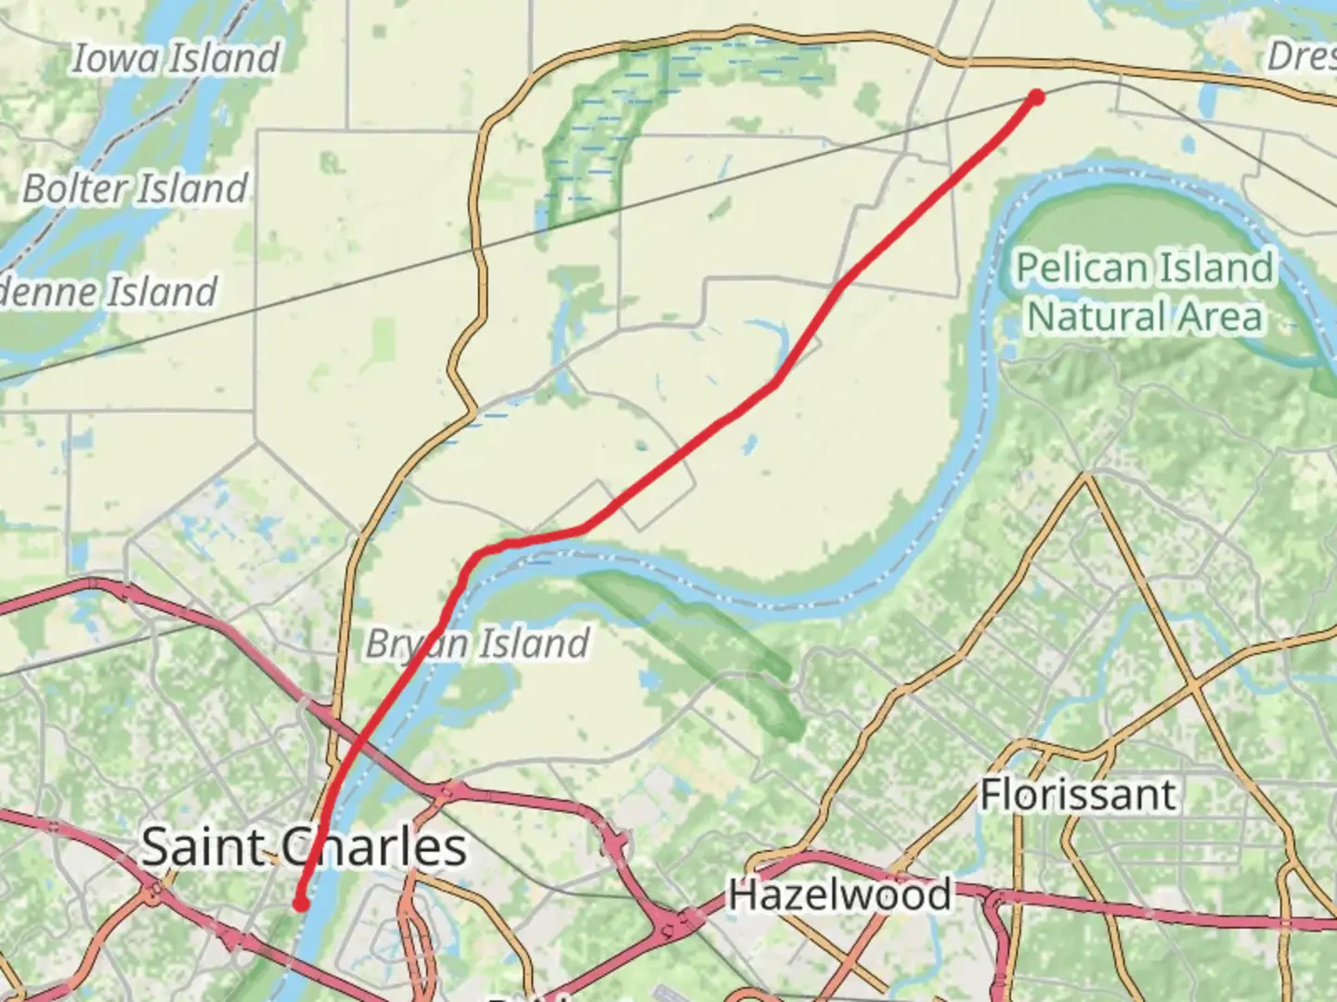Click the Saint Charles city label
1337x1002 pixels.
pos(304,847)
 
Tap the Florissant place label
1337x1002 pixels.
pos(1079,795)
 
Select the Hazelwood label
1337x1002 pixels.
pos(839,894)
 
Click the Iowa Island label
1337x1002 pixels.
pos(175,58)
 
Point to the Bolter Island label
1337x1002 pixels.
pos(136,188)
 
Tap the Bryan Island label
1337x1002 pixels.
pos(477,643)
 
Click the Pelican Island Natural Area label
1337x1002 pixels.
pos(1145,291)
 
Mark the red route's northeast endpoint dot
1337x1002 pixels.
pos(1036,97)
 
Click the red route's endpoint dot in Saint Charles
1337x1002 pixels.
pos(301,903)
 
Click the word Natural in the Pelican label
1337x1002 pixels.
pos(1084,316)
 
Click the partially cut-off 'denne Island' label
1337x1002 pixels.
pos(108,291)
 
